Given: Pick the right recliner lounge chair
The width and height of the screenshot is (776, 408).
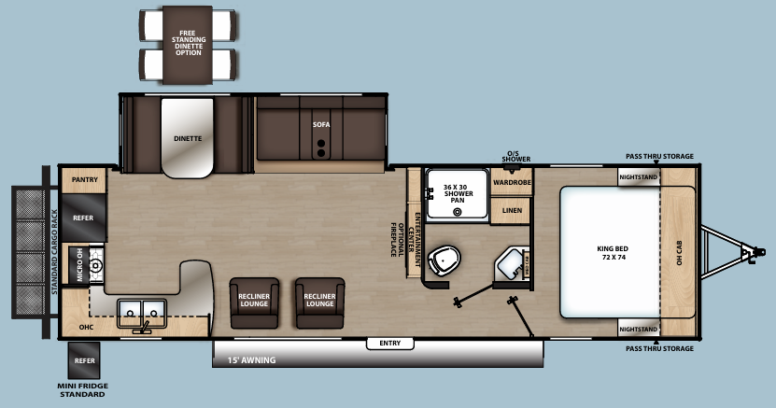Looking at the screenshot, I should click(319, 302).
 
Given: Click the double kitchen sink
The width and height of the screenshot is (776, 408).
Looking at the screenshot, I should click(142, 310).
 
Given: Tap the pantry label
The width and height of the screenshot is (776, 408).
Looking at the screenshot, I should click(85, 178).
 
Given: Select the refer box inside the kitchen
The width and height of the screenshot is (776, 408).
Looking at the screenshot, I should click(84, 218).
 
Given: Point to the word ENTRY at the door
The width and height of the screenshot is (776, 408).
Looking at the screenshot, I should click(389, 344).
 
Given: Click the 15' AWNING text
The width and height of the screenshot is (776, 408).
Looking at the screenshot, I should click(245, 359).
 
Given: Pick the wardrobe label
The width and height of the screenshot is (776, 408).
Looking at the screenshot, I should click(512, 182).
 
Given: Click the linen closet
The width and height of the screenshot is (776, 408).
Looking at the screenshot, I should click(512, 210).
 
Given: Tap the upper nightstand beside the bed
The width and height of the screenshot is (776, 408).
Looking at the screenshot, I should click(639, 176).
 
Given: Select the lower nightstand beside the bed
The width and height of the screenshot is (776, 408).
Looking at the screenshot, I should click(639, 330).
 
